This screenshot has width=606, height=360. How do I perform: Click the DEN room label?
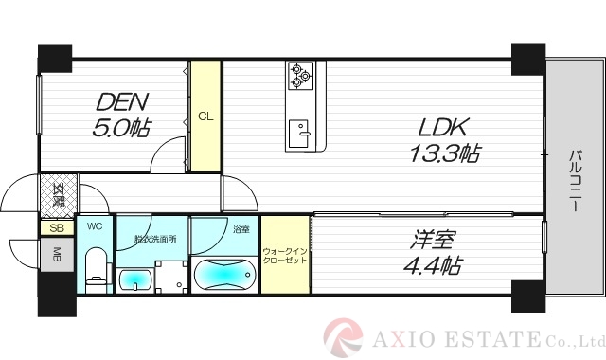(x=120, y=100)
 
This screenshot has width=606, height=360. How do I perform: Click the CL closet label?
(x=204, y=117)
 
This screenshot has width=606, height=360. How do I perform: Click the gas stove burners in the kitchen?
(x=300, y=75)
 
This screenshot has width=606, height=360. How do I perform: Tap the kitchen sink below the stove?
(x=301, y=131)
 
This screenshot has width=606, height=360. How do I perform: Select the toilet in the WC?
(x=96, y=268)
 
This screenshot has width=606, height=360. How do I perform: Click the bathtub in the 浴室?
(x=223, y=275)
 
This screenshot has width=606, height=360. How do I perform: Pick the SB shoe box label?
(x=56, y=228)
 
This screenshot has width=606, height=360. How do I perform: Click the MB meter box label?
(x=56, y=254)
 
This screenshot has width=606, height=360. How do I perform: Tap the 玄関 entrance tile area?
(x=58, y=197)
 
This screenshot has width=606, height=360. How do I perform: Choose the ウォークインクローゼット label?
(x=285, y=256)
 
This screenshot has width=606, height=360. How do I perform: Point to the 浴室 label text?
(x=240, y=229)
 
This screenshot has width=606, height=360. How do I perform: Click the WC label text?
(x=95, y=226)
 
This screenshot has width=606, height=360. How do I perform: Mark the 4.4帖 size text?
(x=435, y=266)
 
